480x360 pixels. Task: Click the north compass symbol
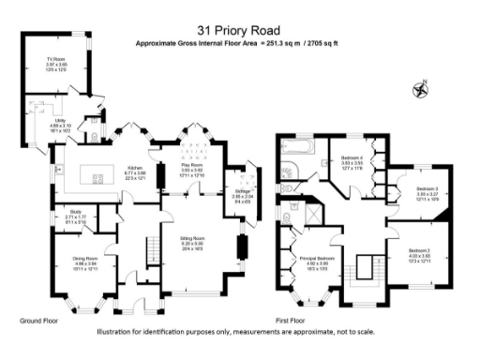420,90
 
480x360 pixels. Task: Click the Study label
78,215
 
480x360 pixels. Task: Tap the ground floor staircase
146,248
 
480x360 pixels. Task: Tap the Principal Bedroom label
317,260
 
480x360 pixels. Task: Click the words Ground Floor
38,321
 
